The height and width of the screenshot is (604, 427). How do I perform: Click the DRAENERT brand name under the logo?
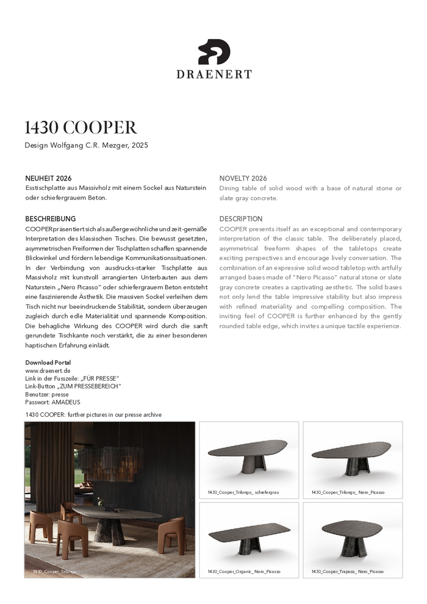pyautogui.click(x=213, y=74)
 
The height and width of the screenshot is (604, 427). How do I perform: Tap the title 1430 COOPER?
pyautogui.click(x=81, y=127)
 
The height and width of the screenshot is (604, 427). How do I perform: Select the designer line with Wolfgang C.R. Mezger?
pyautogui.click(x=86, y=145)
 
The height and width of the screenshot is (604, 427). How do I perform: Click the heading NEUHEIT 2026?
pyautogui.click(x=48, y=178)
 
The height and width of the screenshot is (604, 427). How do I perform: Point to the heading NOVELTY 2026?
pyautogui.click(x=243, y=178)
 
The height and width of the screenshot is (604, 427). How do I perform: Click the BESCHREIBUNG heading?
pyautogui.click(x=50, y=218)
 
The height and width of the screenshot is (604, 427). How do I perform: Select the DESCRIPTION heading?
pyautogui.click(x=241, y=218)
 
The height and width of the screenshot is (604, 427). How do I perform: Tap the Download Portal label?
pyautogui.click(x=48, y=362)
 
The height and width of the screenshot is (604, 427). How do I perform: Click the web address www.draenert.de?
pyautogui.click(x=48, y=370)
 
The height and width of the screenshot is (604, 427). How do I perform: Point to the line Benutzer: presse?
pyautogui.click(x=47, y=394)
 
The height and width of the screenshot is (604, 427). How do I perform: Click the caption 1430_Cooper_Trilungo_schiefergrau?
pyautogui.click(x=243, y=492)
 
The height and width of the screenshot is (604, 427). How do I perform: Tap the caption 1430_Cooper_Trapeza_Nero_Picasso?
pyautogui.click(x=348, y=572)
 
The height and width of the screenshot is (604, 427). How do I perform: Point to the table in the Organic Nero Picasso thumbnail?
pyautogui.click(x=249, y=537)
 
